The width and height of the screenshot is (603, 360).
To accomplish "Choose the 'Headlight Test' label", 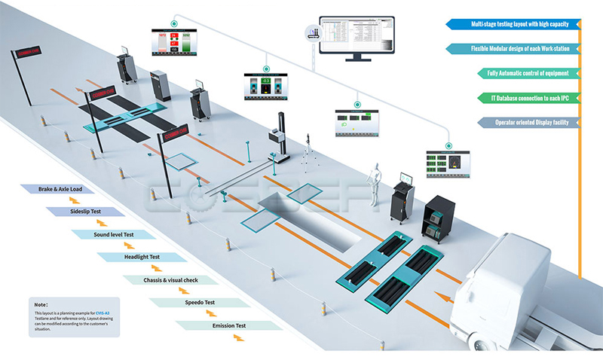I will tap(139, 257).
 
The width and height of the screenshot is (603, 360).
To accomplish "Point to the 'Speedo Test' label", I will tap(199, 302).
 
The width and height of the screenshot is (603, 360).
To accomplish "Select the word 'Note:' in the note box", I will tap(41, 304).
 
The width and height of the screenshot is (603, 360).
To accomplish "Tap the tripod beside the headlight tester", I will tap(308, 154).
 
